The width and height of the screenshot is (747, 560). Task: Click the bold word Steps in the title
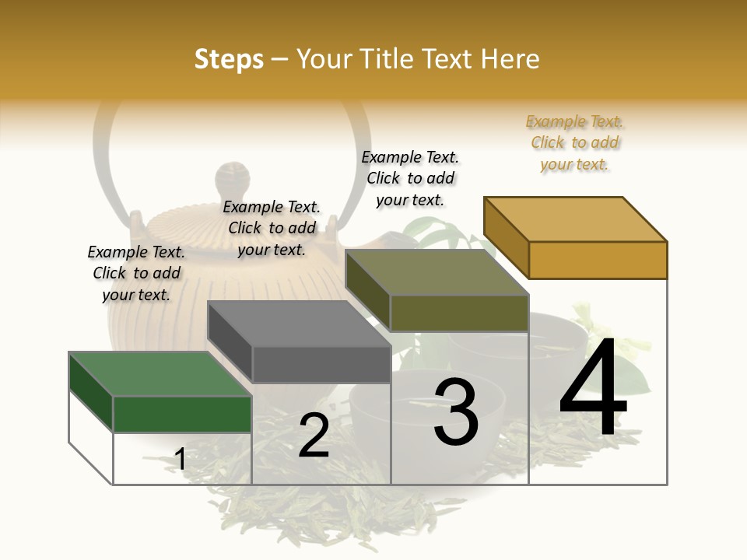coord(229,59)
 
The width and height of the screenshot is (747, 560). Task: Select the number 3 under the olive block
coord(456,412)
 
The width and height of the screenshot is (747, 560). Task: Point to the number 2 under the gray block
coord(314,436)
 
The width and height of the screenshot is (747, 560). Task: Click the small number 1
coord(180,460)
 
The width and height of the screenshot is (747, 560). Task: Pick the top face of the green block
coord(160,373)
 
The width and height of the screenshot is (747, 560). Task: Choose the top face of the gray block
coord(299,323)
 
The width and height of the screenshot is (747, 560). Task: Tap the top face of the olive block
coord(437,272)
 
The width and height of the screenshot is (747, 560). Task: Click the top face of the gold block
coord(576,219)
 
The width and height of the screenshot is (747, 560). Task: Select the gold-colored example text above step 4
coord(574,143)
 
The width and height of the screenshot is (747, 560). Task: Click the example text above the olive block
coord(410,178)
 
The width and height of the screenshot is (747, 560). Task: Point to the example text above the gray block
coord(272,228)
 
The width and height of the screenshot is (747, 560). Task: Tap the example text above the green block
coord(136,273)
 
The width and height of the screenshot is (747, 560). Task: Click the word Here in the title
coord(510,59)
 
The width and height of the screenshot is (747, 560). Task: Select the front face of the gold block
coord(598,260)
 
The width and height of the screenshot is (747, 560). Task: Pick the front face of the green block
coord(182,414)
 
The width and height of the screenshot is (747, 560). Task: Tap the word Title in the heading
coord(387,59)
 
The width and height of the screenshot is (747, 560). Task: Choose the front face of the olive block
coord(459,313)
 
